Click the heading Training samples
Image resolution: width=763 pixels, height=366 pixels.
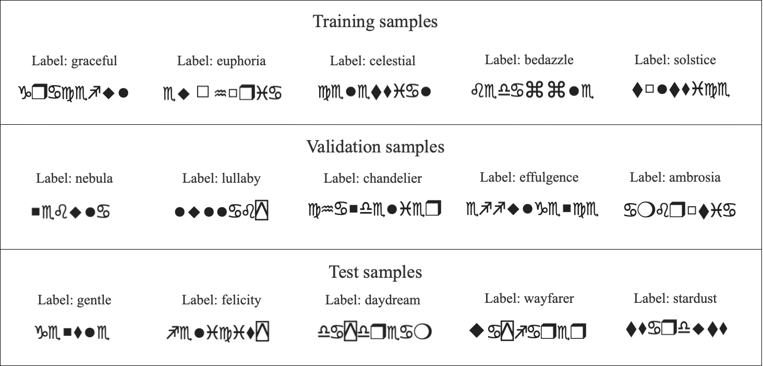pyautogui.click(x=375, y=21)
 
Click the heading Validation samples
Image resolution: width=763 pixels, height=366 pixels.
pyautogui.click(x=375, y=147)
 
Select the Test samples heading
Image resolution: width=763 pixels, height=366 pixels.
pyautogui.click(x=375, y=272)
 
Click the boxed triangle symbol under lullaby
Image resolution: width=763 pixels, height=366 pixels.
pyautogui.click(x=262, y=211)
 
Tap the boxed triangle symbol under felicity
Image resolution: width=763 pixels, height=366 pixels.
pyautogui.click(x=262, y=332)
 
